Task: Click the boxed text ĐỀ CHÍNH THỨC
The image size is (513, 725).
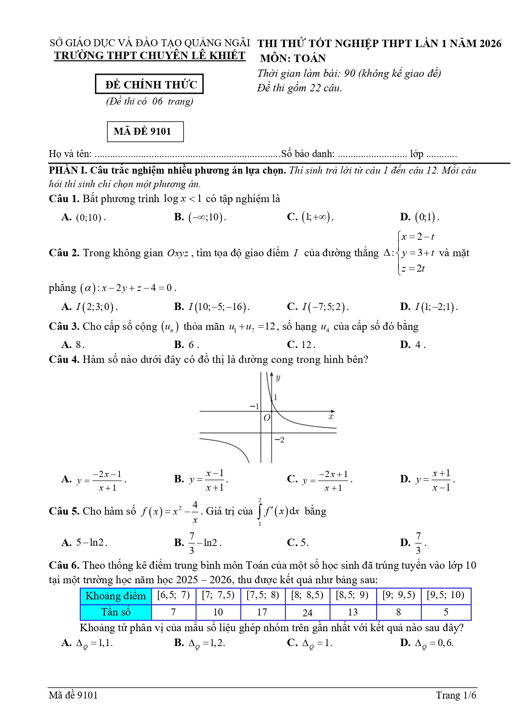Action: click(x=149, y=84)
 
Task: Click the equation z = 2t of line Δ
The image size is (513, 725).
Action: click(x=413, y=269)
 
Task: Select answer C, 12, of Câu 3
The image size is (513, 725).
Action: click(x=306, y=345)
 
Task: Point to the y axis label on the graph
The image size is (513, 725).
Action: click(x=278, y=377)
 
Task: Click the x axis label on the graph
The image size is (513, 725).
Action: click(x=331, y=417)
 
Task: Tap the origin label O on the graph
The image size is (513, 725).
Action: click(x=267, y=418)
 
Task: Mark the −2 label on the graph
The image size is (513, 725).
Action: click(x=279, y=440)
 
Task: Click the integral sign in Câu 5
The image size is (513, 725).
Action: click(x=260, y=512)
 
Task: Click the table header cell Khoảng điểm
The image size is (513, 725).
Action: click(x=116, y=596)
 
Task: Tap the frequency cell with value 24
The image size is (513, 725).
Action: click(x=308, y=613)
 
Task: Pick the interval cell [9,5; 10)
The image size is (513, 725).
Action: click(x=446, y=595)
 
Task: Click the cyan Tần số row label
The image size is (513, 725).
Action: click(x=116, y=612)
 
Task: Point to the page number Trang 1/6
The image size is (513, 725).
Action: click(x=456, y=695)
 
